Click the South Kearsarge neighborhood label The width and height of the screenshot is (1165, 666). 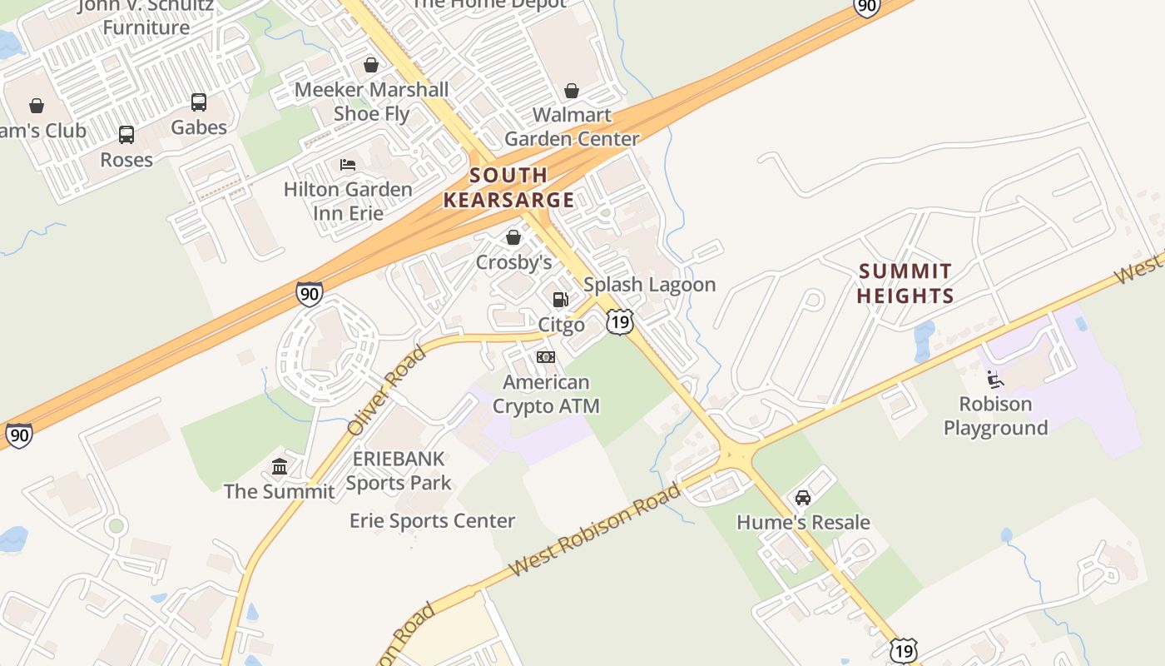coord(508,187)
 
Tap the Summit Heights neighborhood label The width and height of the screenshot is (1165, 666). coord(905,283)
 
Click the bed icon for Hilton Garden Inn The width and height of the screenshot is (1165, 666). coord(348,164)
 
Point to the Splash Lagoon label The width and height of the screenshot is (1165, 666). coord(649,285)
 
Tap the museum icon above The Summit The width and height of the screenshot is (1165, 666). coord(280,466)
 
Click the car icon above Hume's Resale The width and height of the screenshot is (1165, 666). coord(803,498)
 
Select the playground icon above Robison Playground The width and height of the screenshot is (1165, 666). coord(994,380)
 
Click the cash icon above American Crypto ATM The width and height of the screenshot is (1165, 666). coord(546,357)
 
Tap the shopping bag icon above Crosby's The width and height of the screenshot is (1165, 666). coord(513,237)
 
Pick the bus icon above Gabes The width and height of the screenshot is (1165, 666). coord(199,102)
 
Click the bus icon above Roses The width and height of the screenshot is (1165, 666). coord(126,135)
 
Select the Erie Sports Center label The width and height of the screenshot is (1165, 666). coord(432,521)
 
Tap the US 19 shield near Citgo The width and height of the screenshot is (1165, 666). coord(620,322)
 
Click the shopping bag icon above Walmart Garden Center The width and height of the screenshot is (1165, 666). coord(572,90)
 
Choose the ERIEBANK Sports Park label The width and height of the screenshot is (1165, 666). coord(399,470)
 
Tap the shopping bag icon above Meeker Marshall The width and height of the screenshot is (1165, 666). coord(371,65)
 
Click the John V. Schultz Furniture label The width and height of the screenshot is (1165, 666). coord(146,17)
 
